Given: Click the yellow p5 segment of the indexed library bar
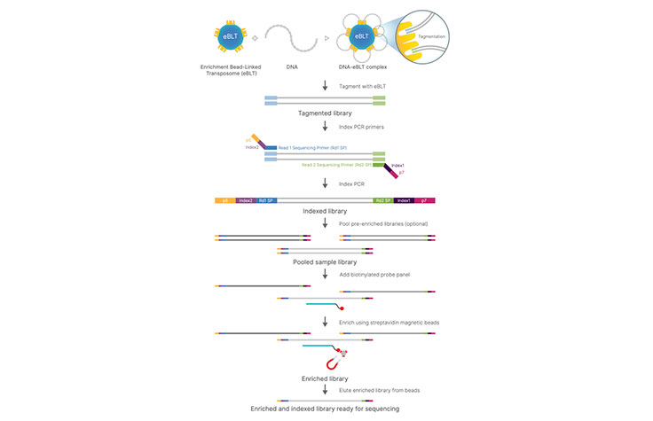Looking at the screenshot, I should click(x=225, y=201).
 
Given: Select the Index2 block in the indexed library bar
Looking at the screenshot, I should click(x=246, y=201).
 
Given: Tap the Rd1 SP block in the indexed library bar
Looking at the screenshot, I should click(x=265, y=201).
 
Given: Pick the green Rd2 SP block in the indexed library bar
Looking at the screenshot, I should click(x=383, y=201).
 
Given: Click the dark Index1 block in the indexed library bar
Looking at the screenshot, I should click(x=405, y=201).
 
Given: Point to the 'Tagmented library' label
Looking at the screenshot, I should click(x=326, y=114).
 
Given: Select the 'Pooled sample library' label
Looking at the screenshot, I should click(x=326, y=262).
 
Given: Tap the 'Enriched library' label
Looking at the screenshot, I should click(x=326, y=378).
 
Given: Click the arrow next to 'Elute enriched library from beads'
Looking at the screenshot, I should click(x=326, y=391).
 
